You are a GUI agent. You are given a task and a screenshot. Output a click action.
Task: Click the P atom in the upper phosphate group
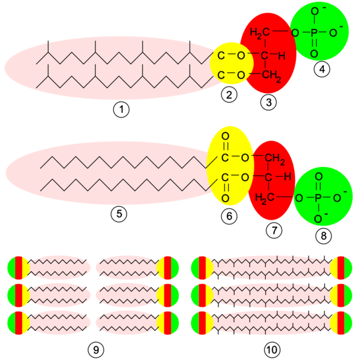tap(314, 32)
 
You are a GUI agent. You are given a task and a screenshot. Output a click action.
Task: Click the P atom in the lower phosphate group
tap(319, 197)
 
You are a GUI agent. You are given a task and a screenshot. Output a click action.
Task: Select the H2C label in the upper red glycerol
tap(260, 32)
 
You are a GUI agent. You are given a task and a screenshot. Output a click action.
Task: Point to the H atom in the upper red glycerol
tap(281, 56)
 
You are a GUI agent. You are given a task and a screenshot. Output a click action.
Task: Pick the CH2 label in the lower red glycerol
tap(275, 158)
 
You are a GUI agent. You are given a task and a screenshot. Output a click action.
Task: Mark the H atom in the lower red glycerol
tap(287, 177)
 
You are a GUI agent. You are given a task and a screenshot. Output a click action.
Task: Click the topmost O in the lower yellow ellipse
tap(225, 136)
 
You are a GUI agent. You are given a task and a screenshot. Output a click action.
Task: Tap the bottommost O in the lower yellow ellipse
tap(225, 198)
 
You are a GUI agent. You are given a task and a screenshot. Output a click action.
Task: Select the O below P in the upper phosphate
tap(314, 54)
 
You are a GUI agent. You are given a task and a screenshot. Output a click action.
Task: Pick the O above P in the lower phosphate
tap(319, 176)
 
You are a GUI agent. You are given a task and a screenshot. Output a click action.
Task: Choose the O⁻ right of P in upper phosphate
tap(335, 32)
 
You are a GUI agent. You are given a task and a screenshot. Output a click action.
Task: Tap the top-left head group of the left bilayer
tap(18, 268)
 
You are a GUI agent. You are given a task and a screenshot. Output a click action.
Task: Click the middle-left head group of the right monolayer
tap(202, 295)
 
